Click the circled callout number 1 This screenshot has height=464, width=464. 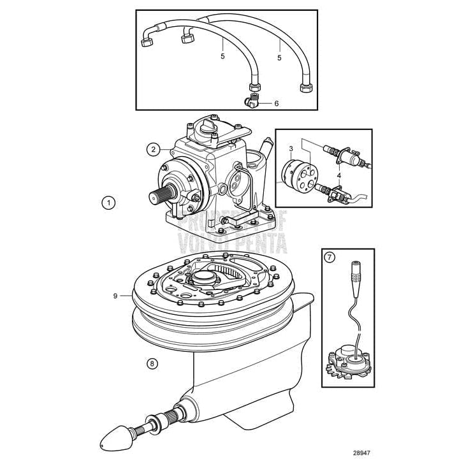109,203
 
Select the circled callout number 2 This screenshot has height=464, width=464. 152,150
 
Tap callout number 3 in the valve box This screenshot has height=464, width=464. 290,149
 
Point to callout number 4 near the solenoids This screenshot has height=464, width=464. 339,175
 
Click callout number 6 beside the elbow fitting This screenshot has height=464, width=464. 277,103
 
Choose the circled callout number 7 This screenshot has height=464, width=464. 330,257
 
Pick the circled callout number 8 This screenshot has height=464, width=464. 152,364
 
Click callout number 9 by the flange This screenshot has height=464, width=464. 115,296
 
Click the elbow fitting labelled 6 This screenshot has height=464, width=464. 252,101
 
